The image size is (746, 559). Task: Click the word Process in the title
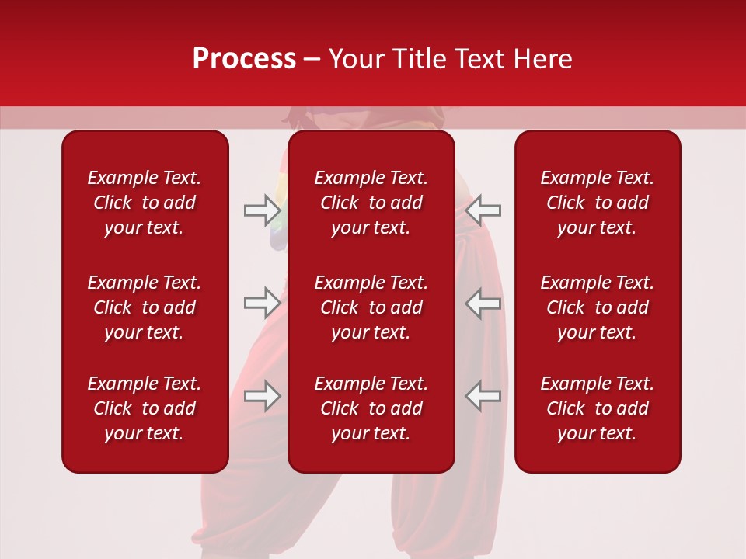(x=244, y=59)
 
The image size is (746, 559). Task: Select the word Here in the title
(x=543, y=59)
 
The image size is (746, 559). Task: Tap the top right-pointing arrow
(x=262, y=210)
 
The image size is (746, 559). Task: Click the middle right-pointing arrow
(x=262, y=303)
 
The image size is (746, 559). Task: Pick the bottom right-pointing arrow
(x=262, y=396)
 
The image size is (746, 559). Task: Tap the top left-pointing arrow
(x=483, y=210)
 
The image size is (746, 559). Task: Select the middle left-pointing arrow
(x=483, y=303)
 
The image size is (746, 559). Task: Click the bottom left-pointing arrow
(x=483, y=396)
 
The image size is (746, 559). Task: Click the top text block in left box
(x=145, y=203)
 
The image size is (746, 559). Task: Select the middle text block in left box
(x=145, y=307)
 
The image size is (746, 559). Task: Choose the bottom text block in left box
(x=145, y=408)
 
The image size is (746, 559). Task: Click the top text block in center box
(x=371, y=203)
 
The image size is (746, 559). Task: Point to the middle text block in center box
(x=371, y=307)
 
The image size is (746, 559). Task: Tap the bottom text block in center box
(x=371, y=408)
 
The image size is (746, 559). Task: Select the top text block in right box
(x=597, y=203)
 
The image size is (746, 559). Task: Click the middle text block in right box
(x=597, y=307)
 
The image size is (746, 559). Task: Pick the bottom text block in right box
(x=597, y=408)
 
